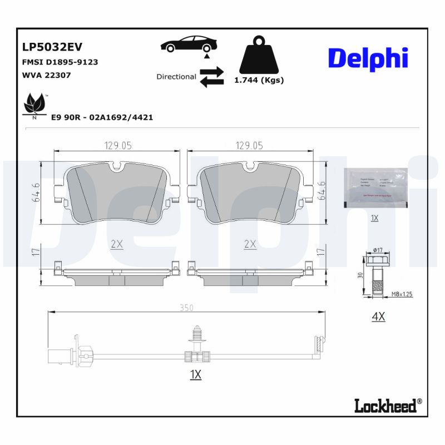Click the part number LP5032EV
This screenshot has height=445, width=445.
(x=52, y=48)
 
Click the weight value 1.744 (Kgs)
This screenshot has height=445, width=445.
(x=259, y=80)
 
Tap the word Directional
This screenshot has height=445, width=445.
(x=176, y=77)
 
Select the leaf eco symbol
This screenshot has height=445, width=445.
(x=34, y=105)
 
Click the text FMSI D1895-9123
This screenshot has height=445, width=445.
(x=60, y=62)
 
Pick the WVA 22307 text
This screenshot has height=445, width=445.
(x=46, y=75)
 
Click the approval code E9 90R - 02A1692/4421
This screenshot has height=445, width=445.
(x=102, y=117)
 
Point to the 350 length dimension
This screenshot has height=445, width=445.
(x=187, y=306)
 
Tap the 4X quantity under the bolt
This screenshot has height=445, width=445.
(x=378, y=317)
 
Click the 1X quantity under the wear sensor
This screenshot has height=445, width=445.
(x=195, y=375)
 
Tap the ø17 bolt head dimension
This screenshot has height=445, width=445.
(x=378, y=249)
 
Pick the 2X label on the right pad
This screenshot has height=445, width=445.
(x=250, y=244)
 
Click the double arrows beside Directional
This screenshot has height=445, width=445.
(x=211, y=77)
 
